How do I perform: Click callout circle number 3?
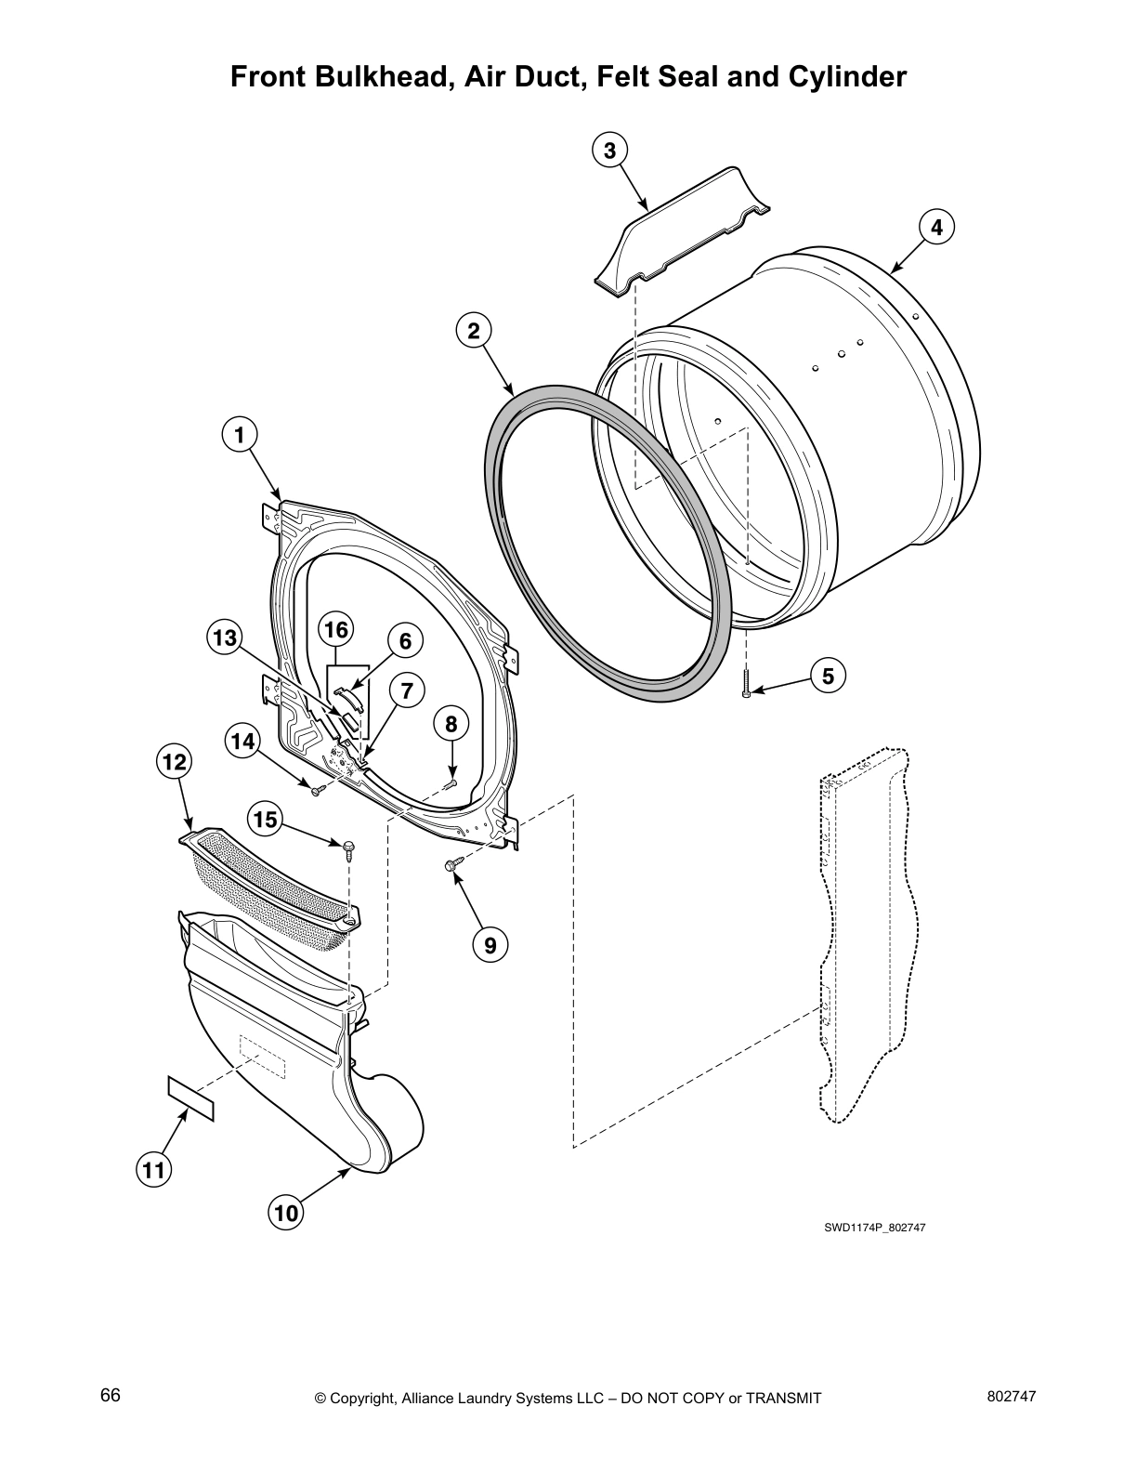pos(609,151)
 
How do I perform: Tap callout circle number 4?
pos(936,227)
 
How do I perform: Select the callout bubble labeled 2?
pos(473,331)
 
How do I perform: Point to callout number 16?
pos(335,630)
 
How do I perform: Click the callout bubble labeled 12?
pos(174,763)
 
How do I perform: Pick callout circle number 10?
pos(287,1213)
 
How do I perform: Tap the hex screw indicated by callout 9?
pos(452,865)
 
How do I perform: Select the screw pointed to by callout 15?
pos(349,847)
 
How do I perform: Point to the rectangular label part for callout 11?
pos(190,1098)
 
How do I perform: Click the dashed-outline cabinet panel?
pos(864,929)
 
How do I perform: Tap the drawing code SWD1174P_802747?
pos(874,1228)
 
